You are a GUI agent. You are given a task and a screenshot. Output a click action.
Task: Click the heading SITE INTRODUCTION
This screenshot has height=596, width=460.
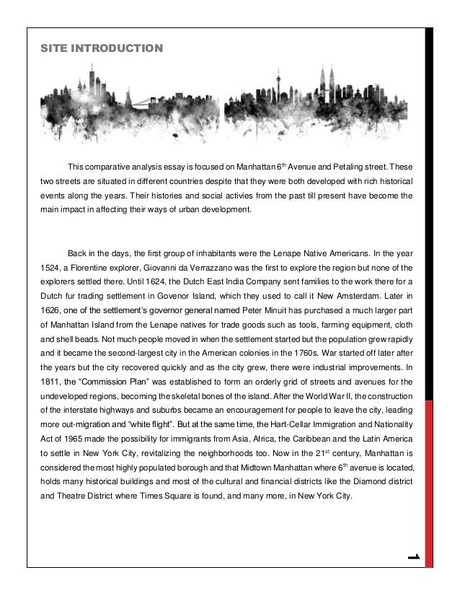102,49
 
